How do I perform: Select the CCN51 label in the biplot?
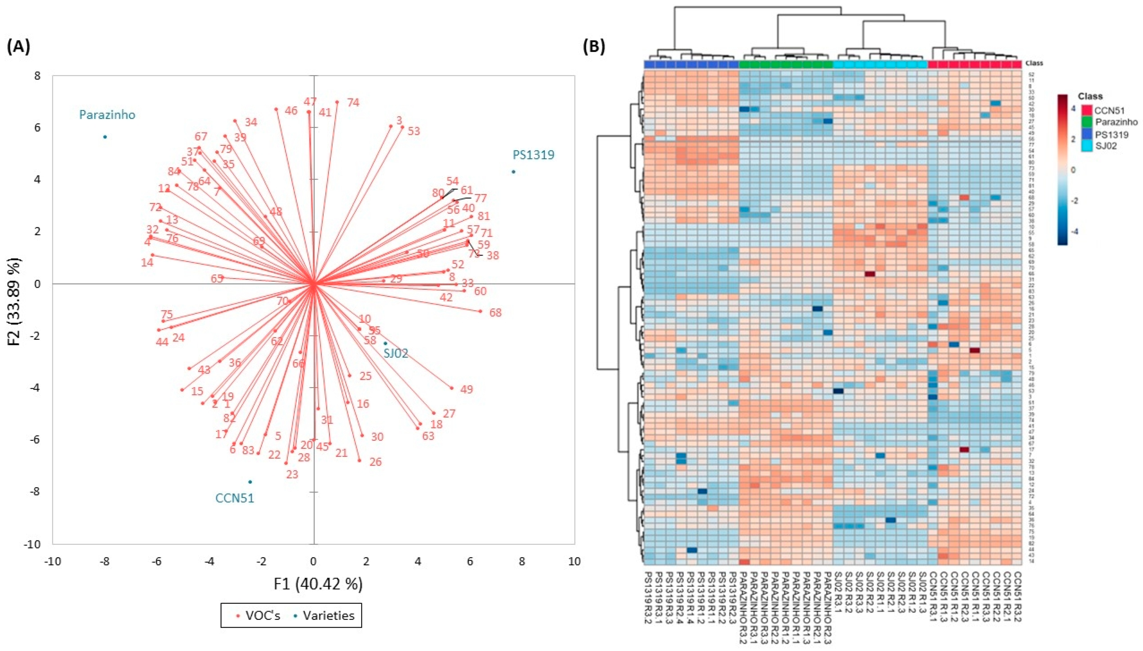point(235,498)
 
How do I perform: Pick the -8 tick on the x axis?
point(104,561)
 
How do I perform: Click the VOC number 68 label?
point(495,313)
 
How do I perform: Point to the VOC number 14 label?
point(147,262)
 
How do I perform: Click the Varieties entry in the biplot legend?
point(328,616)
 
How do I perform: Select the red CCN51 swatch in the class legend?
point(1086,110)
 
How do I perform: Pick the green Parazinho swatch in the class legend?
point(1086,122)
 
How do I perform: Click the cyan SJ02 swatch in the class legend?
point(1086,146)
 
